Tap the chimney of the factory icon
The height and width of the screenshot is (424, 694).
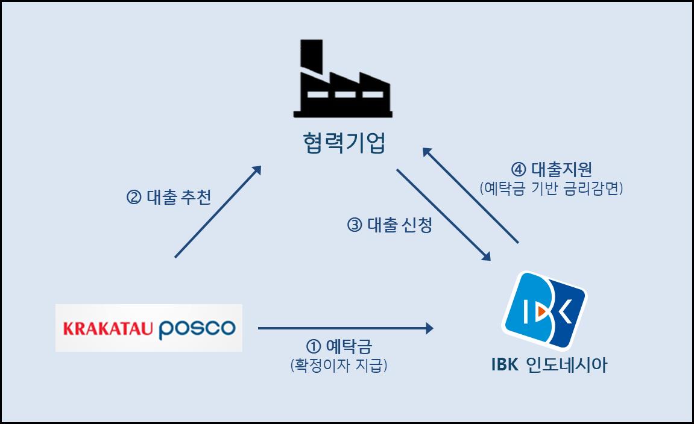pos(311,56)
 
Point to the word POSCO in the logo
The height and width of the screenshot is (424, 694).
pos(197,328)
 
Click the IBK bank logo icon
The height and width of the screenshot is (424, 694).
pos(544,310)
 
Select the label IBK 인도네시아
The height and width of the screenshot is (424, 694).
pos(549,365)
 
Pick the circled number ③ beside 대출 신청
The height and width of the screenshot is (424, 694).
pos(355,226)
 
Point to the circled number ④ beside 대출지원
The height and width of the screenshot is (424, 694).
pos(519,169)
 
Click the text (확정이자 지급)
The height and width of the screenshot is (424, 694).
pos(338,365)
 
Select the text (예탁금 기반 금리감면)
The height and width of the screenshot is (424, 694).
pos(551,188)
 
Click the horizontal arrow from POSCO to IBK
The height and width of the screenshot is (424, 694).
pos(345,328)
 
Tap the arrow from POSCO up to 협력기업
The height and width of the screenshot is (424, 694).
pos(218,212)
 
